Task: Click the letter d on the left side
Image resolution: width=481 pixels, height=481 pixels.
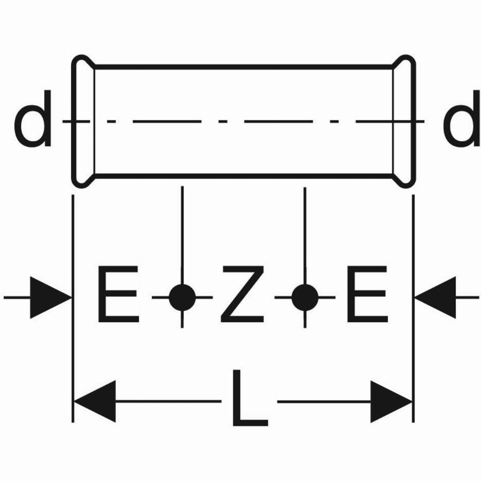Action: point(33,119)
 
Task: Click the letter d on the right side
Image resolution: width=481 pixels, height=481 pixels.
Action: point(462,119)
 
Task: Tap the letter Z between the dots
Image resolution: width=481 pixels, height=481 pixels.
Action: point(242,294)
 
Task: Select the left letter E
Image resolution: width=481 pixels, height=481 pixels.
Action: point(119,294)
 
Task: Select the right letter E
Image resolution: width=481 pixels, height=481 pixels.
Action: point(367,294)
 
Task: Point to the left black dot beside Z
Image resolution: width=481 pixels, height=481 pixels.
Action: point(182,297)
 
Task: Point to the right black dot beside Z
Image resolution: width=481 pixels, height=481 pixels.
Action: point(305,297)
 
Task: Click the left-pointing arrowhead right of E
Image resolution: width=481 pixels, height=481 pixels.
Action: point(435,298)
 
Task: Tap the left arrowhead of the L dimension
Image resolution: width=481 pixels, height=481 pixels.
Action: point(95,401)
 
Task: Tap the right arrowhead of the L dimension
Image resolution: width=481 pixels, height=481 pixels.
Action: point(391,401)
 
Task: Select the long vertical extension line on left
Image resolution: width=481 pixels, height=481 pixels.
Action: point(73,308)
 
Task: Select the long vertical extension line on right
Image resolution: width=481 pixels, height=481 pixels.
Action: point(413,308)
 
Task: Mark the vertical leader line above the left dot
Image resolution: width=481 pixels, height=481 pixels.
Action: point(182,235)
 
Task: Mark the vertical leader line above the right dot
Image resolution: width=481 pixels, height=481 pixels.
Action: point(305,236)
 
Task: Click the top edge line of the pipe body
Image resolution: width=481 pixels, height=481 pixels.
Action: point(244,67)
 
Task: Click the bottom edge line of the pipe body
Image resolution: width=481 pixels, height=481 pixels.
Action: point(244,176)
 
